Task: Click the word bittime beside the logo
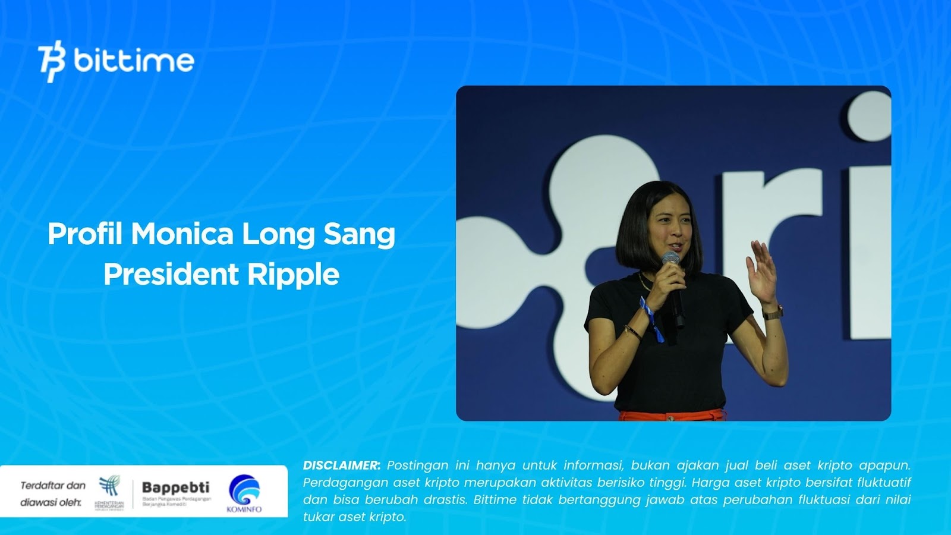pos(134,61)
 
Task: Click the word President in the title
pos(171,274)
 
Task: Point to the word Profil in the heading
pos(84,234)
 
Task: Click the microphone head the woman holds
pos(671,259)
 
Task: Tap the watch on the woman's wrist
pos(773,311)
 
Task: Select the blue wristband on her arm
pos(651,319)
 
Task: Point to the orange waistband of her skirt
pos(672,414)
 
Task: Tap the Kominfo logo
pos(244,493)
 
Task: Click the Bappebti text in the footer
pos(175,487)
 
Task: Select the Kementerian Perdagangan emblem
pos(109,487)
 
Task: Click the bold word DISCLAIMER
pos(341,465)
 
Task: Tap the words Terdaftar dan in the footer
pos(53,485)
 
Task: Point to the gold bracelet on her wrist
pos(632,332)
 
